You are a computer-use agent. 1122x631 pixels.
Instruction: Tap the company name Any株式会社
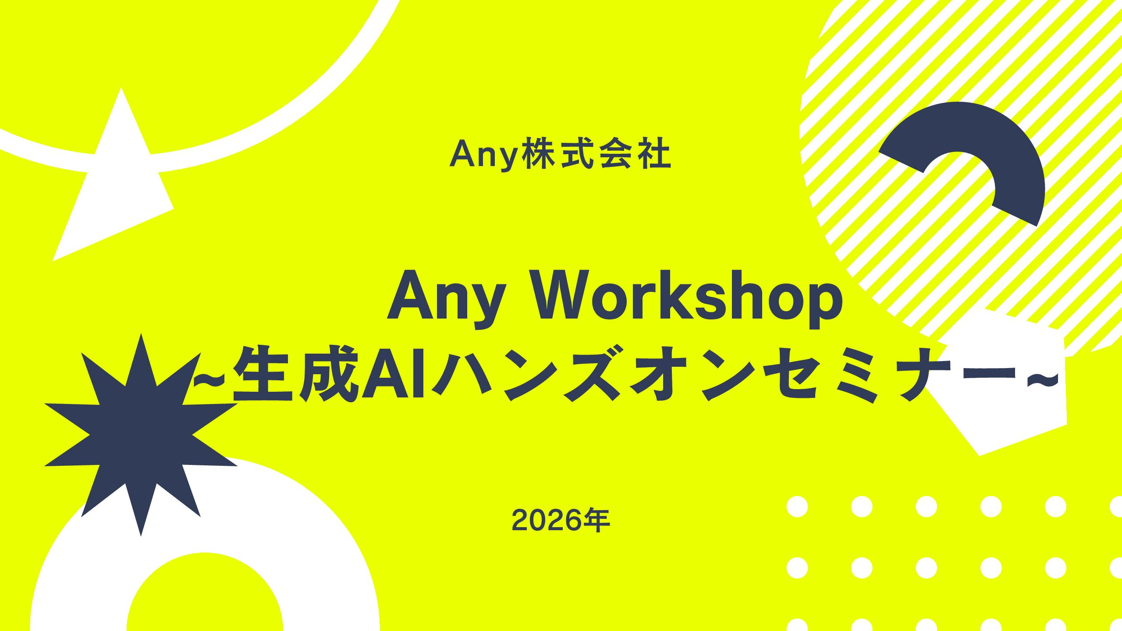560,154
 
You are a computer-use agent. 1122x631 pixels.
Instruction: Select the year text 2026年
561,520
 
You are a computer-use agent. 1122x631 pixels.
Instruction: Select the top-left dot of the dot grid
797,507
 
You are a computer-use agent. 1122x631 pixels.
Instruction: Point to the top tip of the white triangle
121,88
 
